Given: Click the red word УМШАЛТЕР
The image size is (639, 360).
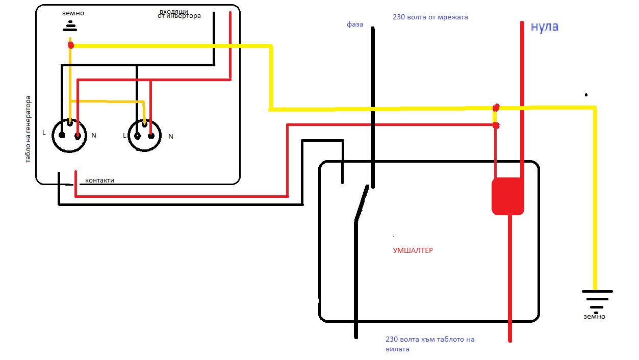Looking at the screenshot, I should coord(413,250).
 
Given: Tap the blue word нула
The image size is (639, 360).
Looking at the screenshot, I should coord(544,27).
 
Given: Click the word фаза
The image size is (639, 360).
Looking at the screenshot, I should coord(355,24).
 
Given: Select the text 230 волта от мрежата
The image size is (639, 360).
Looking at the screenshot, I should coord(430,17).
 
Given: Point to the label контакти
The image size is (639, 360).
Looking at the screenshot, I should coord(99,181).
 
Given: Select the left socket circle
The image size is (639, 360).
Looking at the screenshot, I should coord(69,135).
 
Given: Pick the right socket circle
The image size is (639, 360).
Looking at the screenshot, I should coord(145,136).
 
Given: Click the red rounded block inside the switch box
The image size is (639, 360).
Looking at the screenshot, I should coord(507,196).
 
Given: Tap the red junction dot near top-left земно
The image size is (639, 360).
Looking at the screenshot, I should coord(71,45).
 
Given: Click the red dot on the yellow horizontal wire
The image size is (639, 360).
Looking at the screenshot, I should coord(496,108).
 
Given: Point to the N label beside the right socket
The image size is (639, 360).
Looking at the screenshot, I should coord(171,136).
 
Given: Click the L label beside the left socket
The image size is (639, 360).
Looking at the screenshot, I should coord(44,133).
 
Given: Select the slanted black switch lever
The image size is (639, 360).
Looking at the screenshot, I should coord(362,203).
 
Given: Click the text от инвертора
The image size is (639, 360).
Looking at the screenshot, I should coord(180,16).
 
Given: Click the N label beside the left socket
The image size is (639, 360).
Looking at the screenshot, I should coord(94,136).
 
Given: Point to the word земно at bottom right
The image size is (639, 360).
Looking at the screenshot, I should coord(594,317).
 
